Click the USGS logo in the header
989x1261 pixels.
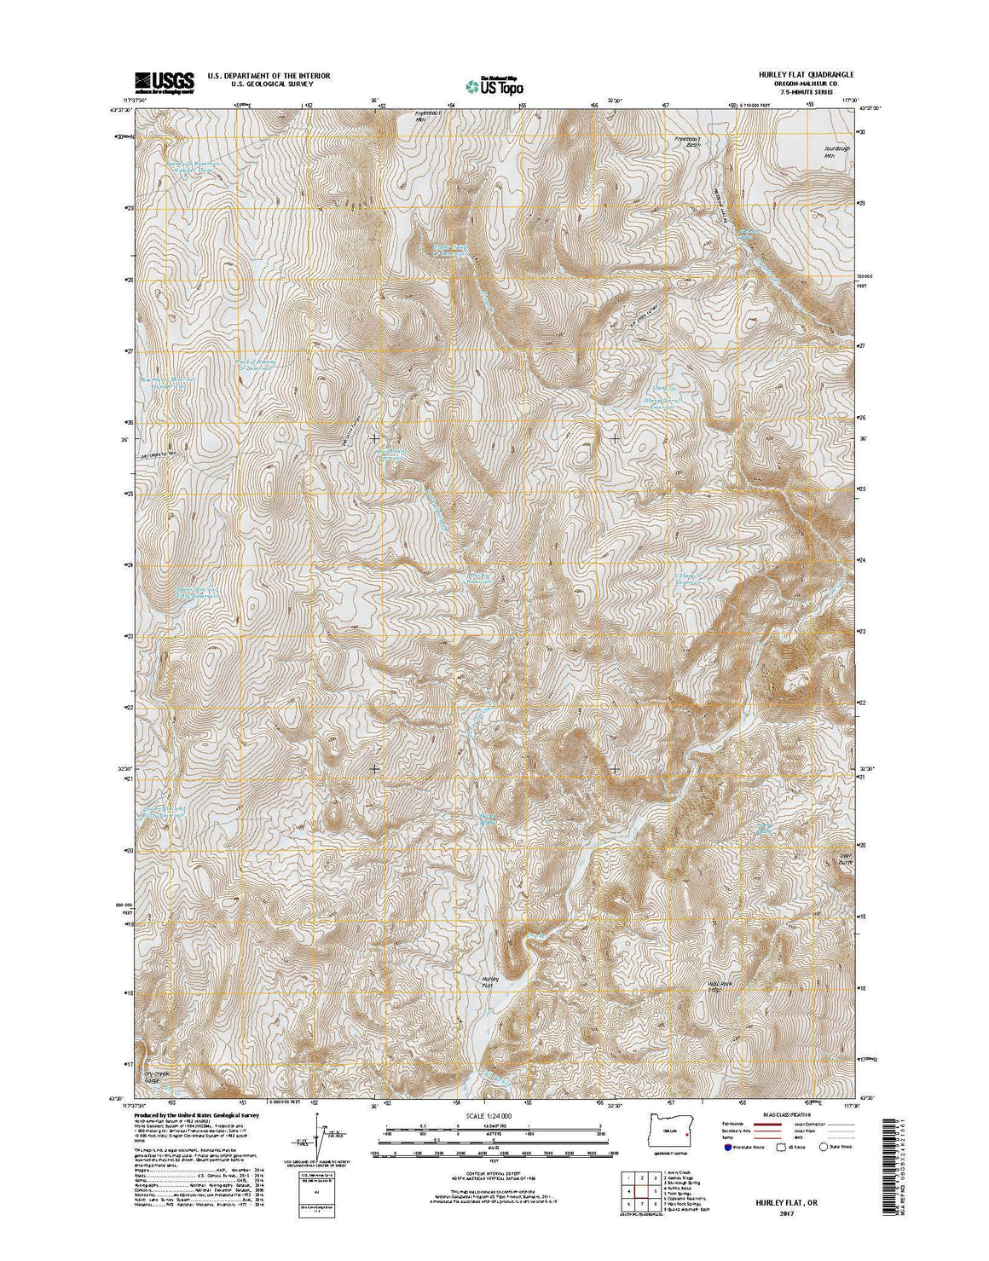[164, 81]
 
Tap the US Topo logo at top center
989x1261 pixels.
[494, 84]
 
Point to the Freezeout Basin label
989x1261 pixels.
[686, 142]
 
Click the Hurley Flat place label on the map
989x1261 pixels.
[489, 982]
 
